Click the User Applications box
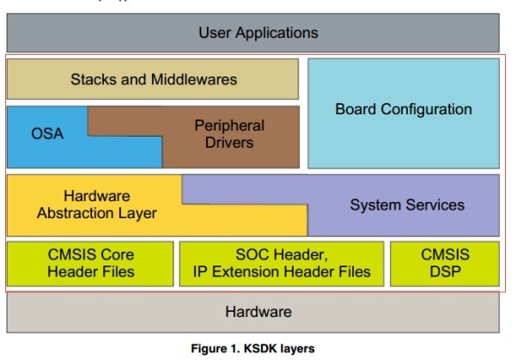tap(258, 34)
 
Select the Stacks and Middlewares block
tap(153, 80)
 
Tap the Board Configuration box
tap(403, 110)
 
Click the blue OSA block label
tap(47, 134)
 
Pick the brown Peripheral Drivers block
tap(228, 133)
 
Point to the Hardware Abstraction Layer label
tap(96, 204)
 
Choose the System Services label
tap(407, 204)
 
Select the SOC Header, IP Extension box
tap(282, 263)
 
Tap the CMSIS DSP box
tap(444, 263)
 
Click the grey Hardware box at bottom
tap(258, 312)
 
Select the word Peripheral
tap(228, 125)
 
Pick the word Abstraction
tap(76, 213)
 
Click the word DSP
tap(444, 272)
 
